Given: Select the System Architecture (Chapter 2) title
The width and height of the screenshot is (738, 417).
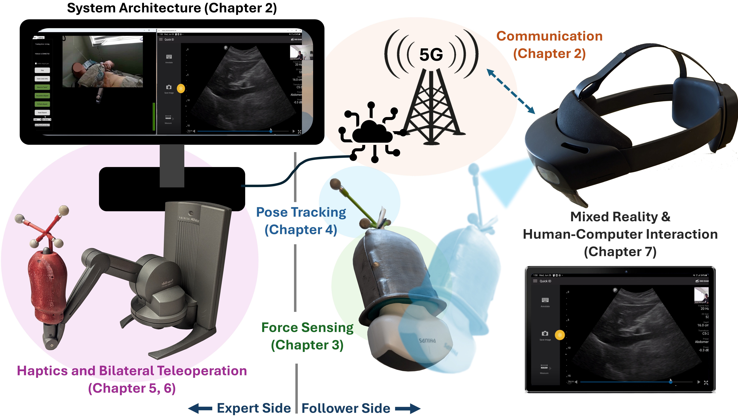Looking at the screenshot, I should (x=172, y=8).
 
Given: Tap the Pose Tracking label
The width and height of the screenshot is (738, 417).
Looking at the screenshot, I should (x=301, y=212).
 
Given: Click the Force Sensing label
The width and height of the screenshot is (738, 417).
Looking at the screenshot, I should (x=307, y=327).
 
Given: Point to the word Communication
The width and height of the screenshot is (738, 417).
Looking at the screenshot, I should (x=549, y=36).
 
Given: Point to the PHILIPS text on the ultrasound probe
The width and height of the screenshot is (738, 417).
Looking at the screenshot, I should (x=427, y=341).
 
